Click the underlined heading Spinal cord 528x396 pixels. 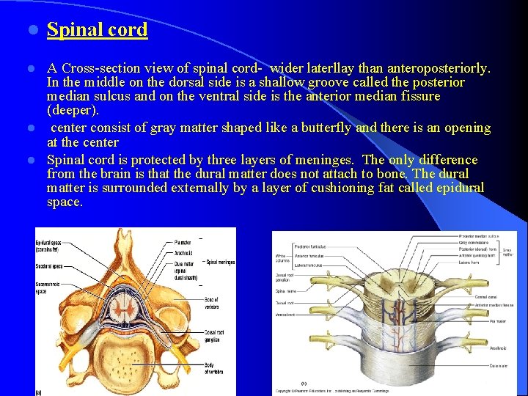[97, 30]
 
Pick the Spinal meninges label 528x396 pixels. [221, 262]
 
